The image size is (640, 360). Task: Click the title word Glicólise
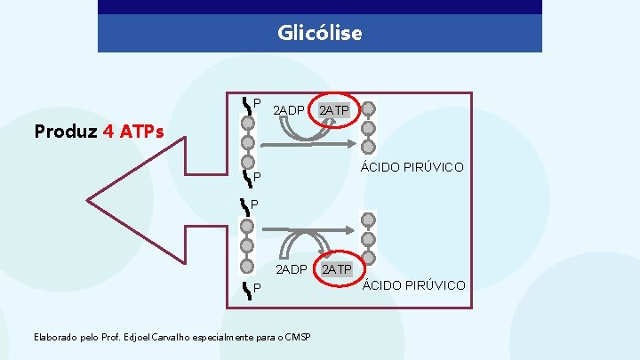tap(320, 33)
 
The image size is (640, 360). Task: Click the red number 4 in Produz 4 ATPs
tap(108, 132)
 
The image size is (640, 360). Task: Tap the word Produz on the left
tap(65, 132)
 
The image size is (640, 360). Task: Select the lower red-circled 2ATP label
tap(337, 268)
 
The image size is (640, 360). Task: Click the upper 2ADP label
tap(289, 110)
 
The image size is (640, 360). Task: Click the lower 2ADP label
tap(291, 268)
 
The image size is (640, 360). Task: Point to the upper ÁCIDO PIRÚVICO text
tap(411, 167)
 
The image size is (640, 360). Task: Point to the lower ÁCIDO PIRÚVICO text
tap(413, 284)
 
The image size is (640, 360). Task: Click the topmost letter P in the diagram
tap(257, 102)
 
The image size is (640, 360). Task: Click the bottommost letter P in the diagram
tap(257, 288)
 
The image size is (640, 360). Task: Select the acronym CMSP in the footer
tap(296, 337)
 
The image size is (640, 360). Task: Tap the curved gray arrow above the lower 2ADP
tap(307, 244)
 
